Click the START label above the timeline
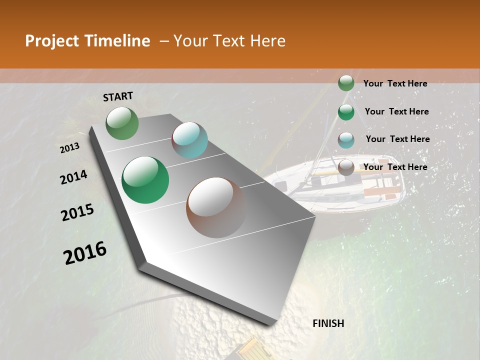pyautogui.click(x=118, y=96)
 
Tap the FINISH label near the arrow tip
pyautogui.click(x=328, y=323)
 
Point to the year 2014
pyautogui.click(x=73, y=177)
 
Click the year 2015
pyautogui.click(x=77, y=212)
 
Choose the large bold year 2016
pyautogui.click(x=85, y=253)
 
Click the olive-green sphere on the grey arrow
pyautogui.click(x=122, y=123)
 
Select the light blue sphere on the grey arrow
pyautogui.click(x=189, y=140)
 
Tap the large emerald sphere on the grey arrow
pyautogui.click(x=145, y=180)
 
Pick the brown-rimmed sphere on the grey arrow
pyautogui.click(x=216, y=207)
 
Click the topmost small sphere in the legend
pyautogui.click(x=346, y=83)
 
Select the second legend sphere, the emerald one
pyautogui.click(x=346, y=112)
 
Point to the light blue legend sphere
pyautogui.click(x=346, y=140)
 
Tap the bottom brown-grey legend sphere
pyautogui.click(x=346, y=167)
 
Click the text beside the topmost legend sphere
pyautogui.click(x=395, y=83)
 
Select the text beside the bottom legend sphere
pyautogui.click(x=395, y=167)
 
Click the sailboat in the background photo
pyautogui.click(x=340, y=185)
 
